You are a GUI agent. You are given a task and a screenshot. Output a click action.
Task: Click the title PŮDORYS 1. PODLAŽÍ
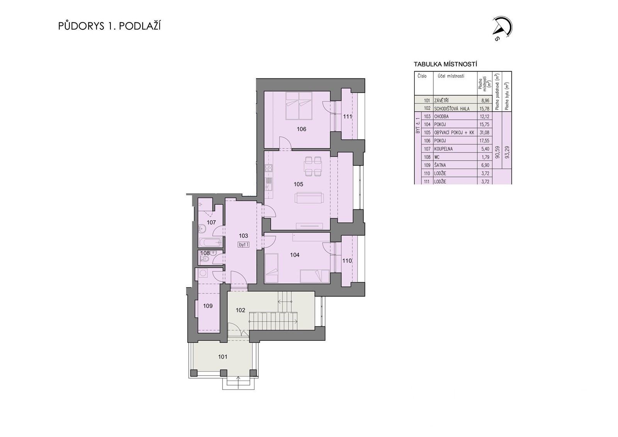tap(109, 26)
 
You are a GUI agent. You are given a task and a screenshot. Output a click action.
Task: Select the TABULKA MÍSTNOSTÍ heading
tap(445, 65)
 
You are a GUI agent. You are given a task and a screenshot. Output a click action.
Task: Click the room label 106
tap(301, 129)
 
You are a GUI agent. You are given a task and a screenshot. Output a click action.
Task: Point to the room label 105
tap(298, 184)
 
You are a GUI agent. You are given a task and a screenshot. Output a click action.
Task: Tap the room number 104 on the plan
tap(295, 255)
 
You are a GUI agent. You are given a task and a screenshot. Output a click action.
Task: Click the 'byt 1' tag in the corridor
tap(243, 244)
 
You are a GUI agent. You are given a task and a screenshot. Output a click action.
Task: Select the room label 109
tap(208, 306)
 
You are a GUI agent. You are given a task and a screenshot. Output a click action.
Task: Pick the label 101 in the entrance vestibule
tap(223, 357)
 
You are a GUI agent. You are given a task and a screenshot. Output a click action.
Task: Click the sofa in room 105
tap(309, 199)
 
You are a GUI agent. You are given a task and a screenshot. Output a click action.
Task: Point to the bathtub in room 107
tap(210, 243)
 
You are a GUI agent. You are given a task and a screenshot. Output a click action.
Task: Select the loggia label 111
tap(348, 116)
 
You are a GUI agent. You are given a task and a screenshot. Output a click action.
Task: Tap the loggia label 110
tap(347, 261)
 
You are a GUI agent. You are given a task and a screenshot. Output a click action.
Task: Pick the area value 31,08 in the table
tap(484, 133)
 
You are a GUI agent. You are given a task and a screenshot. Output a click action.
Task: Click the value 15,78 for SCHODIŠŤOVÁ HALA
tap(484, 109)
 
